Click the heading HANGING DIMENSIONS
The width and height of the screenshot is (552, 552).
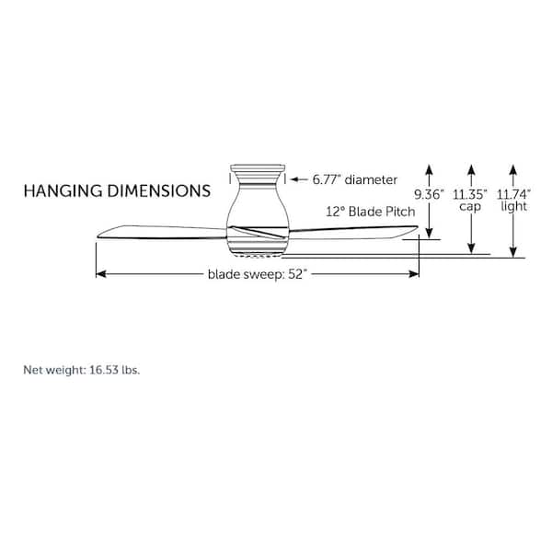(116, 191)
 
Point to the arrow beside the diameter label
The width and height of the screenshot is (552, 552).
(299, 179)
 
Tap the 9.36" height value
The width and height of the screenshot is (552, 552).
(429, 194)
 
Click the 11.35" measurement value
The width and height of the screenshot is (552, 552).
(471, 194)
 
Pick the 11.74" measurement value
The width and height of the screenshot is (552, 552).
(514, 194)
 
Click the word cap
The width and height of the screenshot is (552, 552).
(471, 207)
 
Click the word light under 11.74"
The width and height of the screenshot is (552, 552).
(514, 207)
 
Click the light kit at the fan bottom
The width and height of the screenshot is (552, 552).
(257, 254)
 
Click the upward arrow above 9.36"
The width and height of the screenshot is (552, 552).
(429, 170)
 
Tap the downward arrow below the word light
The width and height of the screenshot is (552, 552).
(514, 250)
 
